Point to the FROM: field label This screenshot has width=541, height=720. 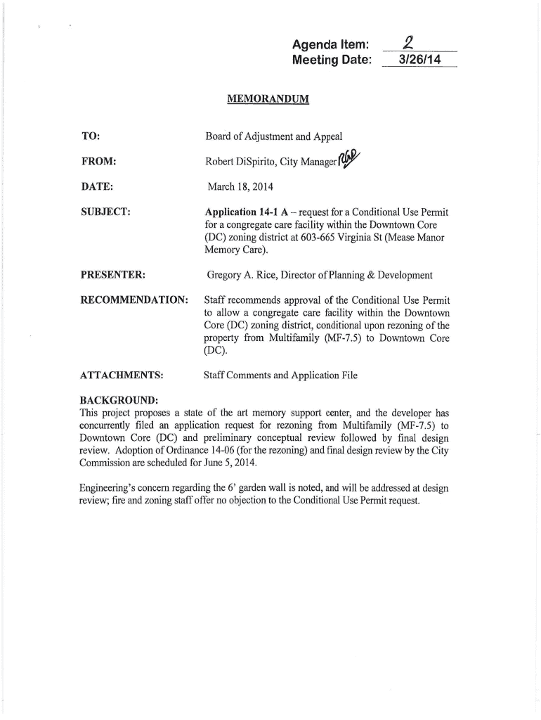pos(98,162)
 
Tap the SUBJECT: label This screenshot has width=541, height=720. pos(105,212)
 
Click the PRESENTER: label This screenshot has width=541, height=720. pos(112,274)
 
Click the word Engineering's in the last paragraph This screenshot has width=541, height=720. pos(112,488)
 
